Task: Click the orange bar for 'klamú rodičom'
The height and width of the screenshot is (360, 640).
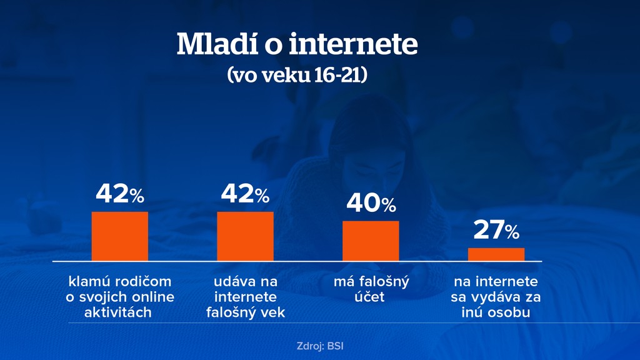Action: [120, 236]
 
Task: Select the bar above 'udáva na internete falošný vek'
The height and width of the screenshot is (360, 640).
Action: [245, 236]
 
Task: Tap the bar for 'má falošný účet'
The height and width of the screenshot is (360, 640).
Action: [371, 241]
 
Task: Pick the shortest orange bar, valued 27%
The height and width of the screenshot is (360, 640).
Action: [496, 254]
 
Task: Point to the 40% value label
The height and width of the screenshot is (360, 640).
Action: [371, 204]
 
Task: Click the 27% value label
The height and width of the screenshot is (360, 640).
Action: [496, 231]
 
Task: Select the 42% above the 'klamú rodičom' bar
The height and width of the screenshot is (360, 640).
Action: [120, 195]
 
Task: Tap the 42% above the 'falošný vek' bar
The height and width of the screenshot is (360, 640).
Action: [245, 195]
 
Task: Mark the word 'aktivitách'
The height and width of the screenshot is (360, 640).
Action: [118, 312]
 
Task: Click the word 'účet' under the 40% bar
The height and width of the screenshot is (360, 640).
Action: [371, 297]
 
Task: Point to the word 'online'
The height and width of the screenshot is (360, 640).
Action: [153, 297]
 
